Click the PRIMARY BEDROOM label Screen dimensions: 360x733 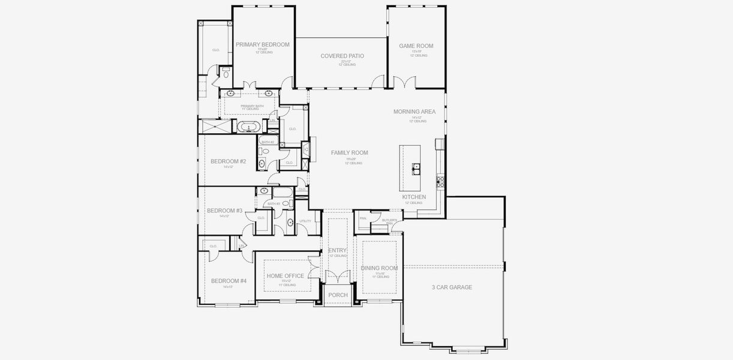[x=262, y=44]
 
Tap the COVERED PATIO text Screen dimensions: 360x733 [x=342, y=56]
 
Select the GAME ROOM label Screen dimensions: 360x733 [x=416, y=46]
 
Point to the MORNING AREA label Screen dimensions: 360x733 [x=414, y=112]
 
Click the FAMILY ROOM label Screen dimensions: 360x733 [x=349, y=153]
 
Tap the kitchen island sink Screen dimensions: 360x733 [x=416, y=169]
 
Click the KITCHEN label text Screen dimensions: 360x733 [x=414, y=197]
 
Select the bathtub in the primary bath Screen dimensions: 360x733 [x=247, y=127]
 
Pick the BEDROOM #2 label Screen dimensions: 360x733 [x=228, y=161]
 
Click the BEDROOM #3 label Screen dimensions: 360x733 [x=224, y=211]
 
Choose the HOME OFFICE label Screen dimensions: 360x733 [x=285, y=276]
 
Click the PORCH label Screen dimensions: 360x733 [x=338, y=295]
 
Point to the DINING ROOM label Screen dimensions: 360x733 [x=379, y=268]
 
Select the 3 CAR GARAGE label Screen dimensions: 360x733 [x=452, y=287]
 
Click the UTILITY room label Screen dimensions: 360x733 [x=305, y=221]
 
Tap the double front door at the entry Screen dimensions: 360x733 [x=338, y=277]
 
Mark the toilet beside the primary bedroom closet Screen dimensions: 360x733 [x=226, y=74]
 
